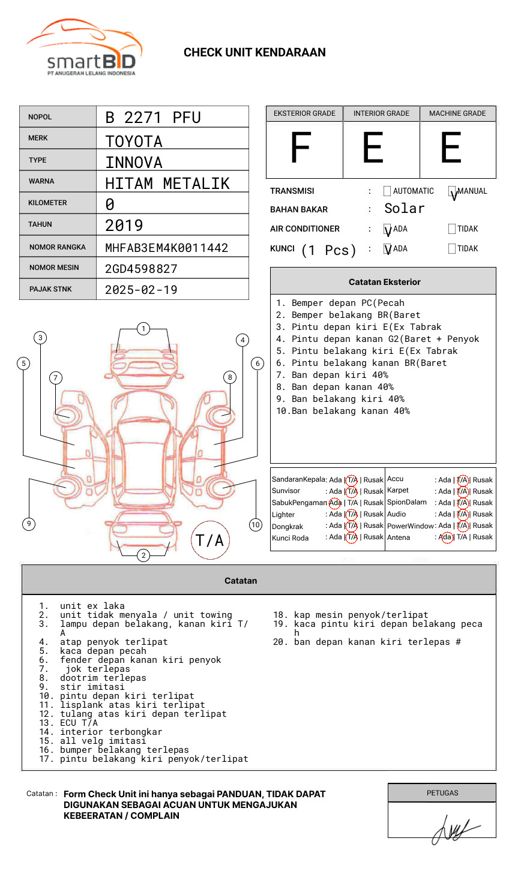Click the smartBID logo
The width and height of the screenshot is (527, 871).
click(x=84, y=48)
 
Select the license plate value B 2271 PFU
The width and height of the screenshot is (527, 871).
click(x=152, y=118)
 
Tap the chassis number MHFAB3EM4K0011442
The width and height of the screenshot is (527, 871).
click(x=166, y=248)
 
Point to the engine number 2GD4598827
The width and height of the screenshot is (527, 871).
click(x=141, y=269)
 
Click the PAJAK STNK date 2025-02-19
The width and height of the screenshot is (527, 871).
click(x=141, y=290)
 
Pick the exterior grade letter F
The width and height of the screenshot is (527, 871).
click(x=301, y=148)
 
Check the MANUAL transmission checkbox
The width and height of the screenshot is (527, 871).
click(x=453, y=191)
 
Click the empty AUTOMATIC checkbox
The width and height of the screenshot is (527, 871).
click(x=387, y=191)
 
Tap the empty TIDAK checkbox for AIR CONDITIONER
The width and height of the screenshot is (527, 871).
click(x=452, y=229)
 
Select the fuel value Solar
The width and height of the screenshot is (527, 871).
click(x=404, y=209)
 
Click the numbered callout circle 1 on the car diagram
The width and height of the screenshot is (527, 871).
click(x=143, y=329)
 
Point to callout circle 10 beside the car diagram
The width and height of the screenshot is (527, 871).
click(x=256, y=525)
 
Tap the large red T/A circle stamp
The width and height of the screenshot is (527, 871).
click(x=210, y=540)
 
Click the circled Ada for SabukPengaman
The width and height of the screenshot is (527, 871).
click(x=335, y=503)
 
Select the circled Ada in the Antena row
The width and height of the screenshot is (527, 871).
click(x=445, y=537)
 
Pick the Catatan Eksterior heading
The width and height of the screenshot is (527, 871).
click(x=384, y=282)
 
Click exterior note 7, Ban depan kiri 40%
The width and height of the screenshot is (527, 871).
click(x=340, y=375)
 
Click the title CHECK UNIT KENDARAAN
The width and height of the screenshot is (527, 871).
click(x=254, y=53)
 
